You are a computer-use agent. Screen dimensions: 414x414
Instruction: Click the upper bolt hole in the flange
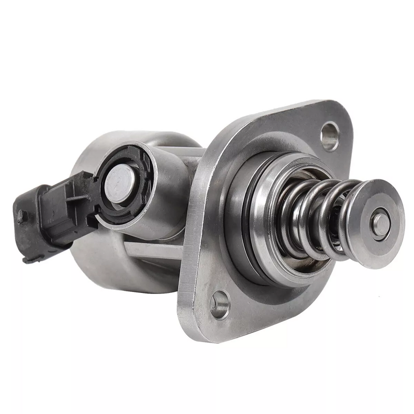pyautogui.click(x=329, y=135)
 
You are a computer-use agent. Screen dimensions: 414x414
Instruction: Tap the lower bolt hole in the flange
pyautogui.click(x=220, y=304)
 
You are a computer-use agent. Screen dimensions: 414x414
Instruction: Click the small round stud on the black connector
pyautogui.click(x=21, y=217)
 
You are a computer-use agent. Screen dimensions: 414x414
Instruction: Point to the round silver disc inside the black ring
pyautogui.click(x=120, y=184)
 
